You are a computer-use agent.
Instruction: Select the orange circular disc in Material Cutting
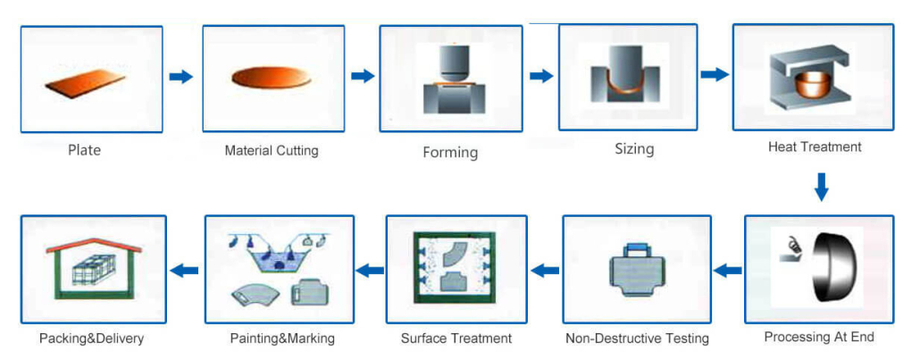272,77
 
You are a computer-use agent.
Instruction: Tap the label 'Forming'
450,153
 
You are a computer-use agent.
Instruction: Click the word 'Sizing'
634,149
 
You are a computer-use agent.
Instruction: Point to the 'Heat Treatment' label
815,147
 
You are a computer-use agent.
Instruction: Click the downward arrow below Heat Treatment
822,187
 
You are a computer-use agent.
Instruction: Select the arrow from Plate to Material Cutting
181,77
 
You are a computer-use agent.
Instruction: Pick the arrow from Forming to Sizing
541,76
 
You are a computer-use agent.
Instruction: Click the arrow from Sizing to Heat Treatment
715,74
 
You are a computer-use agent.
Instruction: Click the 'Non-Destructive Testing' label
637,339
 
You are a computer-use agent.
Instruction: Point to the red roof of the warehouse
93,245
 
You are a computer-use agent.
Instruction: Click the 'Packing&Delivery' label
91,339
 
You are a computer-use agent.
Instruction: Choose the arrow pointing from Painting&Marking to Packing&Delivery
184,270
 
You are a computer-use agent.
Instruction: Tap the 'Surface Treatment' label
456,339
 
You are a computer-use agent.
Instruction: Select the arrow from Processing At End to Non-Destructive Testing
727,270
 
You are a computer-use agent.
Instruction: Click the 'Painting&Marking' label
282,339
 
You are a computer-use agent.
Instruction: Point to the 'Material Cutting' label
272,151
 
